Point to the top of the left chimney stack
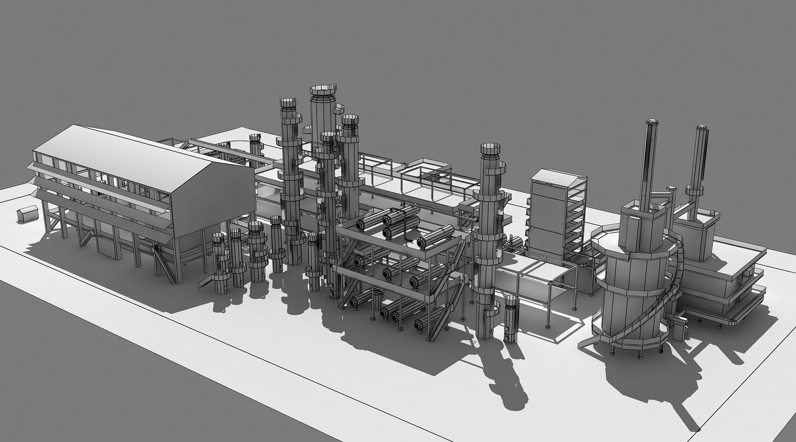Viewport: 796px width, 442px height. click(653, 122)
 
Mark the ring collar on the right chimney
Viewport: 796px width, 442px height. click(694, 191)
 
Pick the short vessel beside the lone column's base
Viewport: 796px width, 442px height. click(510, 318)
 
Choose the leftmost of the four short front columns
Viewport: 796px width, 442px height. click(219, 265)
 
